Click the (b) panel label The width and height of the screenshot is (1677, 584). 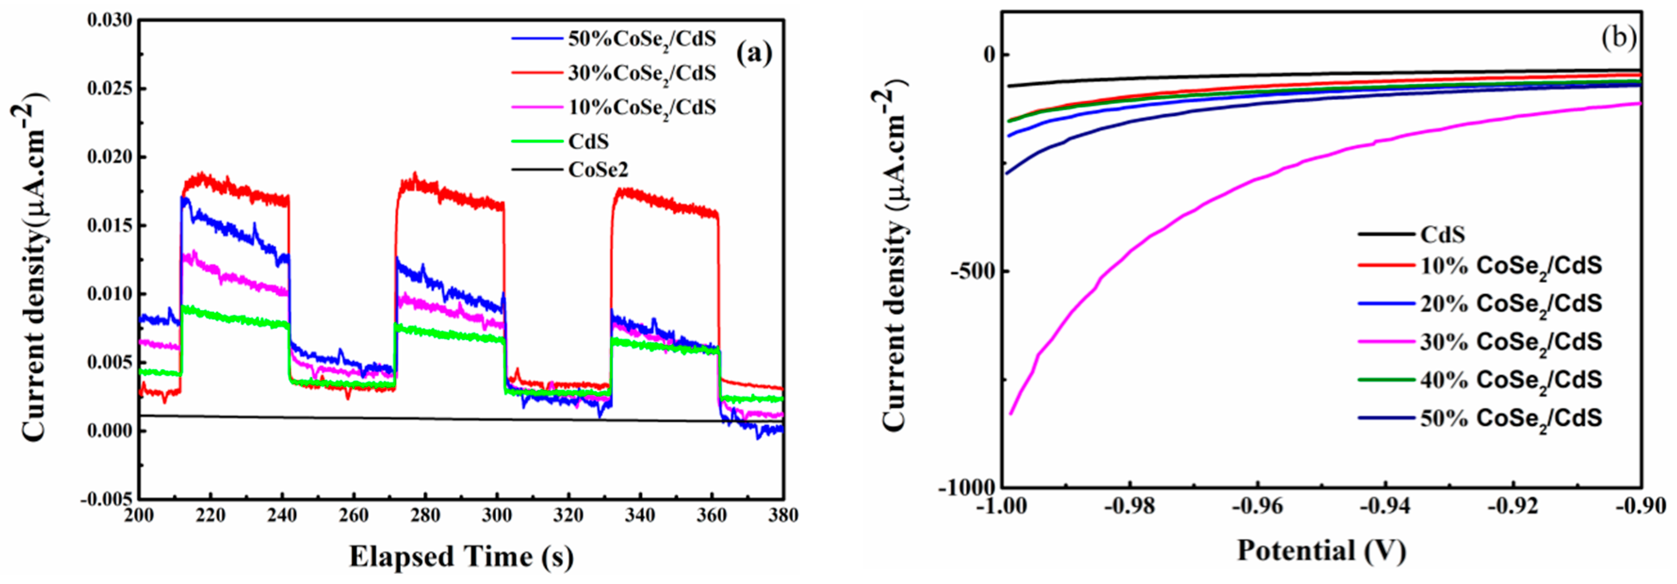coord(1619,37)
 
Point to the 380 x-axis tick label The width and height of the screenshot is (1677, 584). coord(782,516)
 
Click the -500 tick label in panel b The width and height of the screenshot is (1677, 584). coord(973,271)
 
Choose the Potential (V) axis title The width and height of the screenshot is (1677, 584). coord(1321,551)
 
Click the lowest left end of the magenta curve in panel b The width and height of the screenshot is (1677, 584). coord(1010,414)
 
